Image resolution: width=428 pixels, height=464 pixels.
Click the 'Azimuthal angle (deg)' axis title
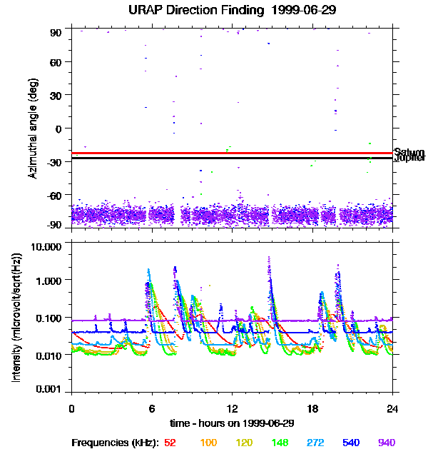click(x=33, y=128)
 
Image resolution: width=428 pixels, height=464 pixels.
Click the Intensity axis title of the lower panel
click(x=16, y=318)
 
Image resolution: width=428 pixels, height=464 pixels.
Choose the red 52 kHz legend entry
click(x=170, y=443)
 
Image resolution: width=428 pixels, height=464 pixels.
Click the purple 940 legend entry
click(x=386, y=443)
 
